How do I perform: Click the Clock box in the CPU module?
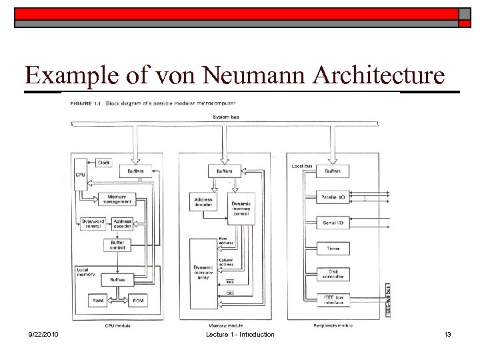(x=104, y=162)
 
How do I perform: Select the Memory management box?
(x=116, y=199)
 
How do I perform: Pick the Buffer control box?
(x=117, y=245)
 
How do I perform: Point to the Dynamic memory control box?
(x=241, y=207)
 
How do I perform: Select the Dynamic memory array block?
(x=203, y=273)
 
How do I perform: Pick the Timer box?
(x=333, y=248)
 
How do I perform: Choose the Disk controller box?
(x=333, y=274)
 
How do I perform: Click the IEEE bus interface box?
(x=333, y=299)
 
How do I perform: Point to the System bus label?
(x=226, y=117)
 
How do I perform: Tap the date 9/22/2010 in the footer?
(x=44, y=334)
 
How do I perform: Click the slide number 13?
(x=447, y=334)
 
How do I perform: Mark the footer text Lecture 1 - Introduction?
(x=240, y=334)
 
